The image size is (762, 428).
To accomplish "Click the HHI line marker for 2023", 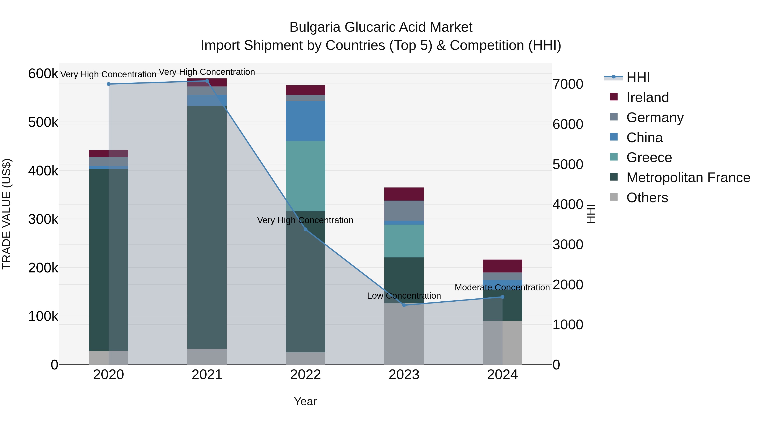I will coord(404,305).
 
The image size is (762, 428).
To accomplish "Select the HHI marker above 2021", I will coord(207,81).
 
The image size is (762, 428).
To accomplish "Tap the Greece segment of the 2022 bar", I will coord(306,176).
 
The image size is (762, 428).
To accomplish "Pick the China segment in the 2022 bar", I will coord(306,121).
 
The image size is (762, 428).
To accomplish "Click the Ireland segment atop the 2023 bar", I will coord(404,194).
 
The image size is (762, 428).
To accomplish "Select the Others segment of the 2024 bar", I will coord(502,343).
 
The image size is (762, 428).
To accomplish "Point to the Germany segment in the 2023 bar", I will coord(404,211).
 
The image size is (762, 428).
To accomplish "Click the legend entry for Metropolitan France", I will coord(688,178).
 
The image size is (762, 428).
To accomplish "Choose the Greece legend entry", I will coord(649,157).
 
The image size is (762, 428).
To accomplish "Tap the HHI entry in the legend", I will coord(638,77).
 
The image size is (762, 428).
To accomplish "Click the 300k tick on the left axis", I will coord(43,219).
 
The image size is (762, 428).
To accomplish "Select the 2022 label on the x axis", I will coord(306,375).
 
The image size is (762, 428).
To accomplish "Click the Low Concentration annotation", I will coord(404,296).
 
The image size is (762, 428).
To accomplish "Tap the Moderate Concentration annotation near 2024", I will coord(502,287).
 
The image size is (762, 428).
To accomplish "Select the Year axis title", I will coord(305,401).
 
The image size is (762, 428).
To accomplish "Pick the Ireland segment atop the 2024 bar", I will coord(502,266).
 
